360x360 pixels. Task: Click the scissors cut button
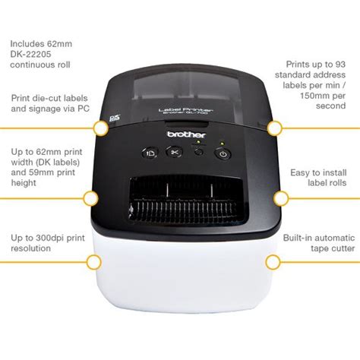pos(174,153)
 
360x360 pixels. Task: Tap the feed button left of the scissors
pos(148,153)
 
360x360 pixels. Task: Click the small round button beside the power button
pos(198,153)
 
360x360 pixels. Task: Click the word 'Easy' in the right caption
pos(301,172)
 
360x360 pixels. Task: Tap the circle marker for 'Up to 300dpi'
pos(93,263)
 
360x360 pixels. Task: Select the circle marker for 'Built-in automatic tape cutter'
pos(273,262)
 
